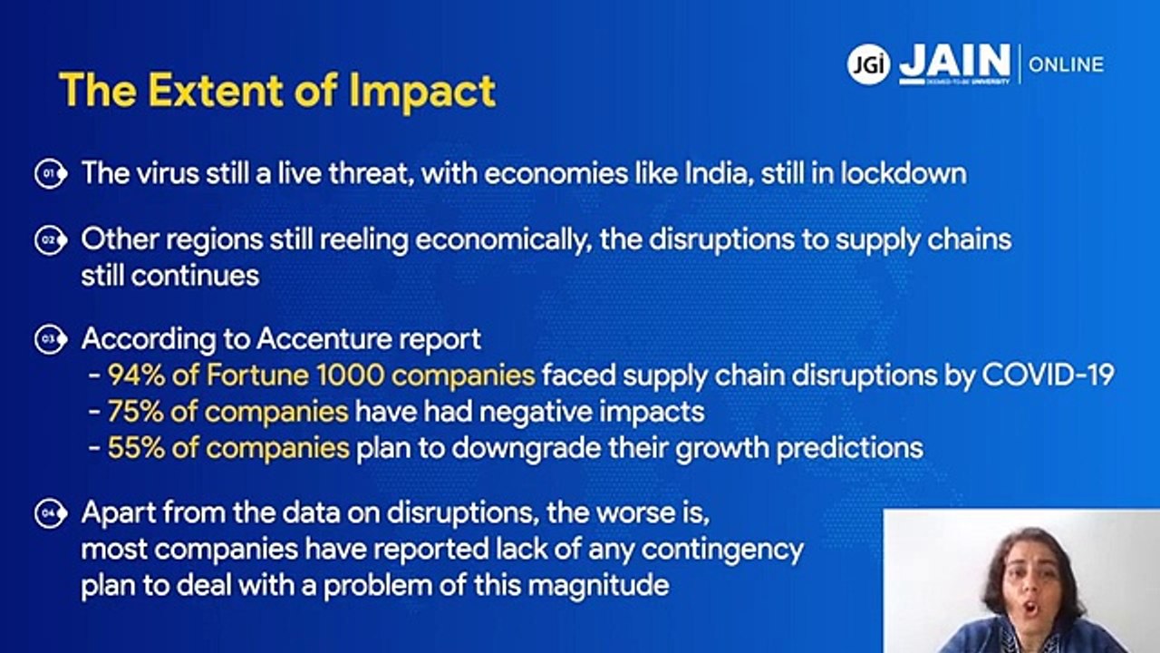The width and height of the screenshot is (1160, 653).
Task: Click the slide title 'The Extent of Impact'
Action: coord(277,91)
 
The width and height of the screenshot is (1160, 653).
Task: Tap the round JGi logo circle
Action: coord(868,64)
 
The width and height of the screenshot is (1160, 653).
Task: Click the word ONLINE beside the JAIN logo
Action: coord(1066,64)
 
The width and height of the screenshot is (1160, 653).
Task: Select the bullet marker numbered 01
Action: coord(51,172)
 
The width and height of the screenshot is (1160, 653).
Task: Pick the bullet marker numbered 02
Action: coord(51,240)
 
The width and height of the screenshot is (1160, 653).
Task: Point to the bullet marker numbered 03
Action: coord(51,339)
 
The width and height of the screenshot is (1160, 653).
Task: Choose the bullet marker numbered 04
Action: coord(51,514)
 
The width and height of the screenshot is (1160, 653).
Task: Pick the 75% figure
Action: coord(134,412)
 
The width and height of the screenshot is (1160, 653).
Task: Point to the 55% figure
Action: coord(134,448)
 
